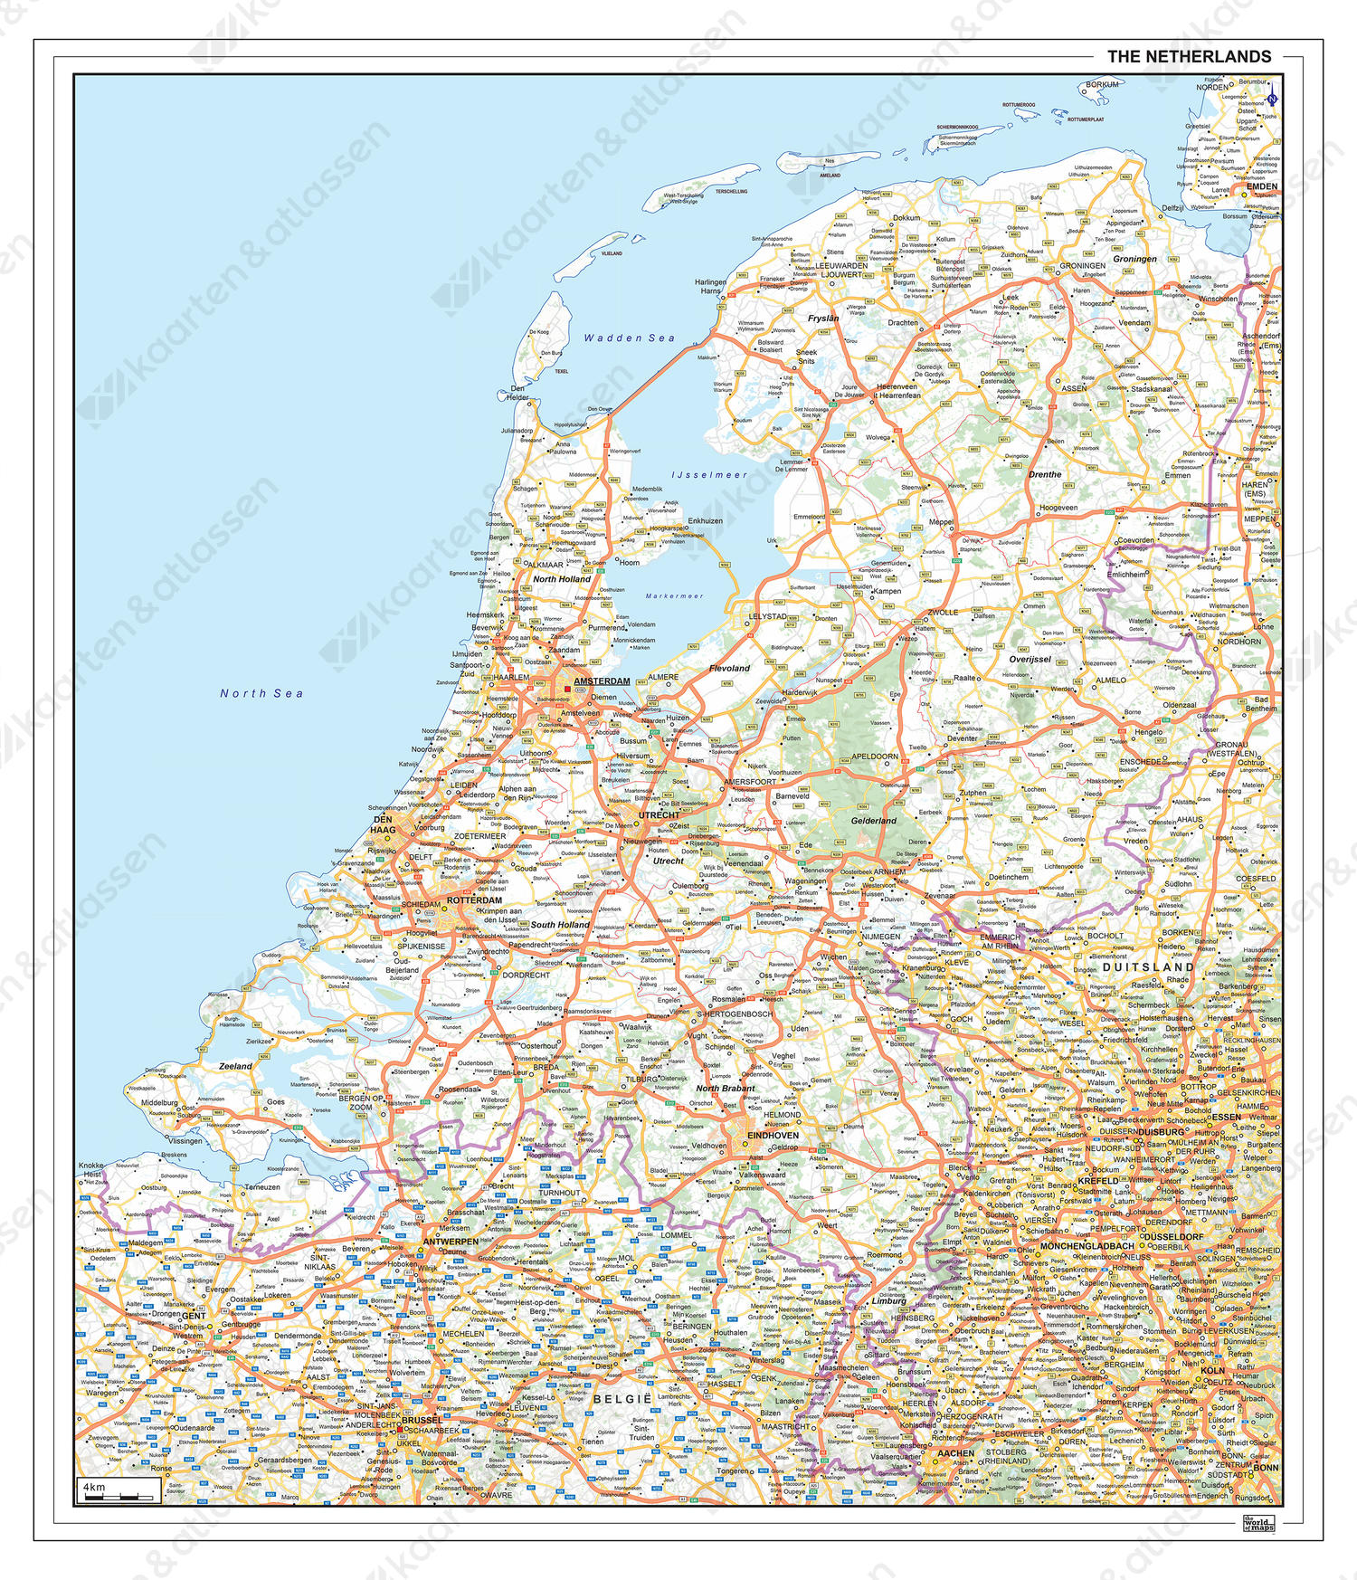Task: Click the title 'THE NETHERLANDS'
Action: point(1189,56)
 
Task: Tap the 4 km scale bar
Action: point(118,1490)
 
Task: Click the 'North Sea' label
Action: point(261,693)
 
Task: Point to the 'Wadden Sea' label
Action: point(629,338)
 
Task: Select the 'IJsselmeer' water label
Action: point(709,474)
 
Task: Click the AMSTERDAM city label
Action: point(602,681)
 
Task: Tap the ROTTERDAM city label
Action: point(474,900)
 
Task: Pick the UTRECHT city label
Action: point(659,815)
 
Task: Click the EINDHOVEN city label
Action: point(773,1135)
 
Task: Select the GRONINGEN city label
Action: point(1082,266)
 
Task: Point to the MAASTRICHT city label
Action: point(785,1426)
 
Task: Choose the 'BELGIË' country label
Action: point(622,1399)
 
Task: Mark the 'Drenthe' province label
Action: point(1045,474)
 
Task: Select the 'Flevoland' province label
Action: point(729,668)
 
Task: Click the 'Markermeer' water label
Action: point(674,596)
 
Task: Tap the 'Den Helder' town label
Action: point(517,393)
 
